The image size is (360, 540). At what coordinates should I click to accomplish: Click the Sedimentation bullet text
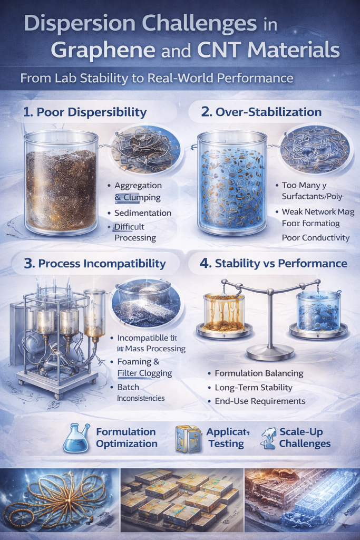tap(143, 213)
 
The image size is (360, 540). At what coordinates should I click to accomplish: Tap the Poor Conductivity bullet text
tap(316, 237)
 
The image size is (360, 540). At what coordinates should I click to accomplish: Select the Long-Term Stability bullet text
tap(254, 387)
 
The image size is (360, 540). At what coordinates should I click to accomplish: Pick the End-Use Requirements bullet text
tap(260, 401)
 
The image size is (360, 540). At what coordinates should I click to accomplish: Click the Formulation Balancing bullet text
tap(259, 373)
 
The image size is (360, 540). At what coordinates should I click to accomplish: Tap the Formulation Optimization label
tap(127, 438)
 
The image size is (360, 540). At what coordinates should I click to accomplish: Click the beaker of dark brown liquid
tap(61, 182)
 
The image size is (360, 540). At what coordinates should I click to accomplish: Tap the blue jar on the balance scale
tap(318, 311)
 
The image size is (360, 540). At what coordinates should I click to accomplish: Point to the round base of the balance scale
tap(270, 352)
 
